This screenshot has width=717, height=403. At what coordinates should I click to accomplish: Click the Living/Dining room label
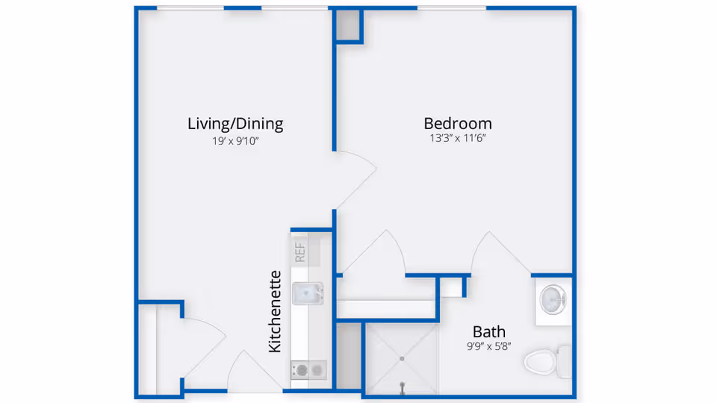point(235,124)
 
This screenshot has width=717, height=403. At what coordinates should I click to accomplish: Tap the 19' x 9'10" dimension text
point(235,140)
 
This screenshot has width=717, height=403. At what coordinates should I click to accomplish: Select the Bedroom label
point(458,124)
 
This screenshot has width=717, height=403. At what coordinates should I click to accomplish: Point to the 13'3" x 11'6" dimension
point(458,138)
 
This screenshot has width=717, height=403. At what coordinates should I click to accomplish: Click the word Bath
point(489,331)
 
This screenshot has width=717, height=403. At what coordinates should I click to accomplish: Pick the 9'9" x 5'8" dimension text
point(489,346)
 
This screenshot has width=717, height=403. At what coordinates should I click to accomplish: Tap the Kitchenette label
point(275,311)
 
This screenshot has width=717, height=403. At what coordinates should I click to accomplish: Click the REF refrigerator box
point(300,252)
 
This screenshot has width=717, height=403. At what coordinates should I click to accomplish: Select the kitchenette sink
point(307,293)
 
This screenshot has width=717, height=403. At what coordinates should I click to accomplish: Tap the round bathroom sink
point(553,299)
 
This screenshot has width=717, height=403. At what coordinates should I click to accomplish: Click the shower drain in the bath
point(402,359)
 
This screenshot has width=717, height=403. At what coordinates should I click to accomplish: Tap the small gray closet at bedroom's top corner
point(348,25)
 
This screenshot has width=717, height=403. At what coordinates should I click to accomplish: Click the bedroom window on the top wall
point(451,8)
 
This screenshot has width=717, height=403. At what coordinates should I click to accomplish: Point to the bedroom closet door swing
point(377,254)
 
